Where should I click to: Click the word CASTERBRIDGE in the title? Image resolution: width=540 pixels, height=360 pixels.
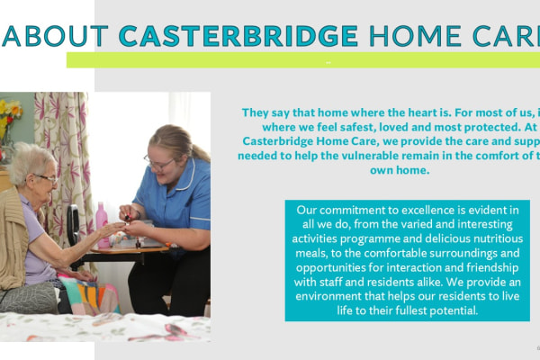click(x=238, y=35)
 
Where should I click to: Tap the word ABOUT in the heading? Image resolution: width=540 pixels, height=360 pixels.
click(x=56, y=35)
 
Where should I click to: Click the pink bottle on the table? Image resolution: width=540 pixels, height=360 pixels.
click(x=102, y=217)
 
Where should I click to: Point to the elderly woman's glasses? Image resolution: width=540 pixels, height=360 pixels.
click(x=46, y=178)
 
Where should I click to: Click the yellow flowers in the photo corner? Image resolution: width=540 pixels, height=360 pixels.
click(x=9, y=112)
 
